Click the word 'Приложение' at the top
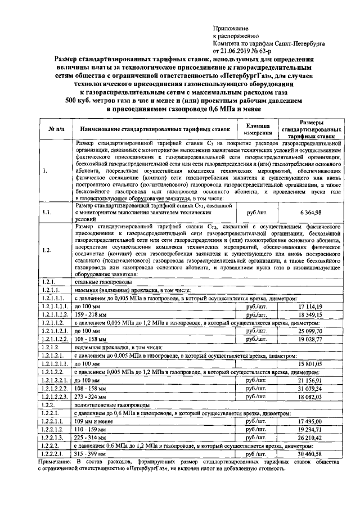tap(230, 27)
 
